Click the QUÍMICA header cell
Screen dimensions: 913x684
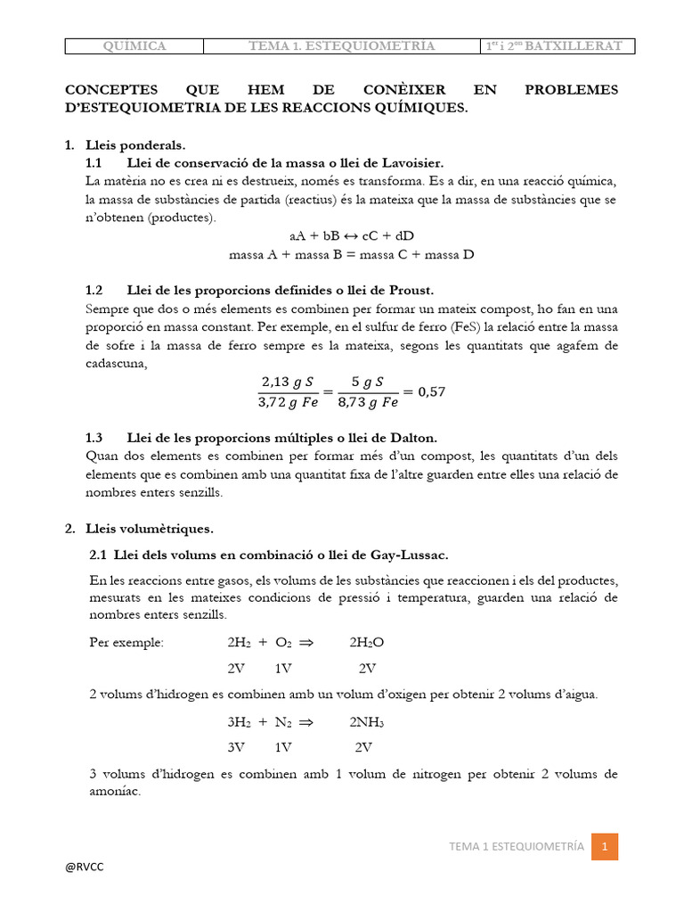(x=134, y=45)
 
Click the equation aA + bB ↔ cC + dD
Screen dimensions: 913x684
(x=352, y=236)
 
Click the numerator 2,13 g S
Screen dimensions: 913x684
(x=288, y=382)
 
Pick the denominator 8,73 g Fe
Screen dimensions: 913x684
(x=367, y=402)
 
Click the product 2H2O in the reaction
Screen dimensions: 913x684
(x=367, y=642)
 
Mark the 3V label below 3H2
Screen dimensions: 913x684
(x=237, y=747)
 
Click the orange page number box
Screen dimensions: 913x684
(x=605, y=846)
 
